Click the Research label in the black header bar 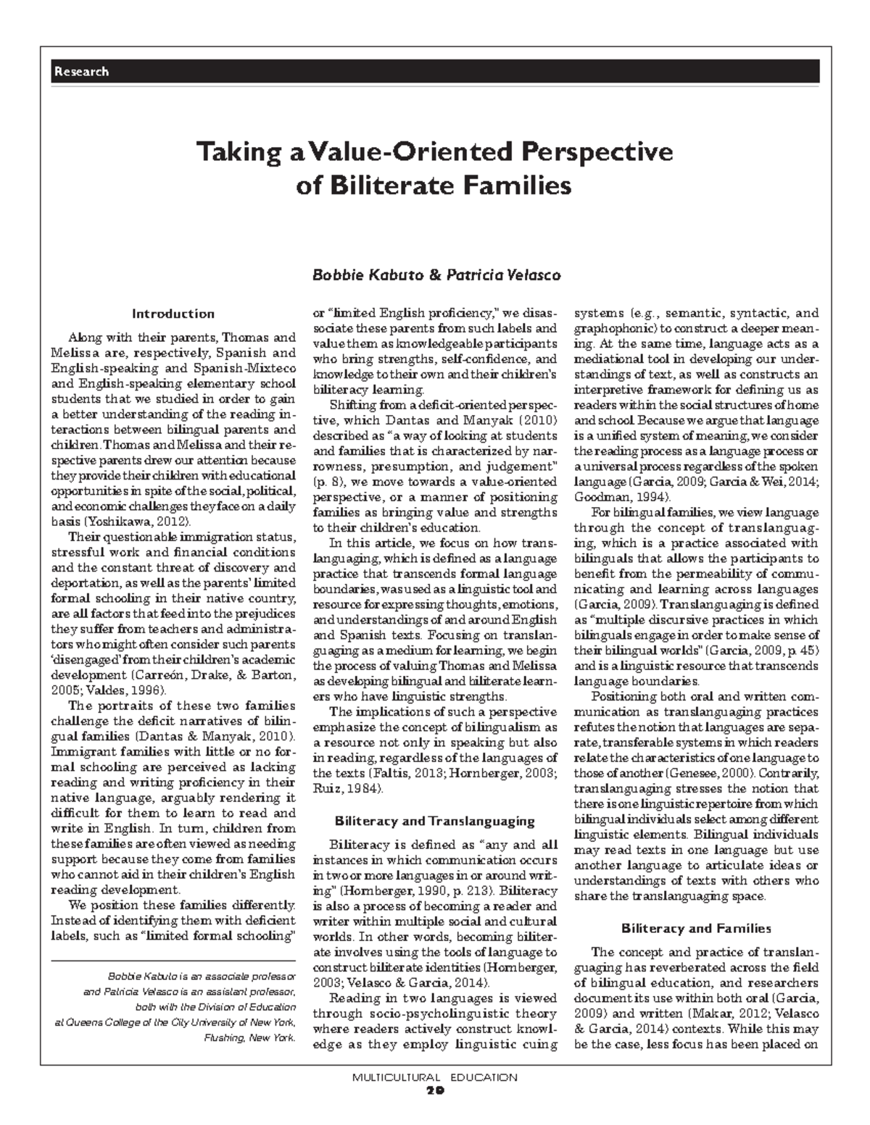(x=80, y=72)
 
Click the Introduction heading (x=173, y=314)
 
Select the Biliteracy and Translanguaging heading (x=434, y=821)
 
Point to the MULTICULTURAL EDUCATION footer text (x=434, y=1077)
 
